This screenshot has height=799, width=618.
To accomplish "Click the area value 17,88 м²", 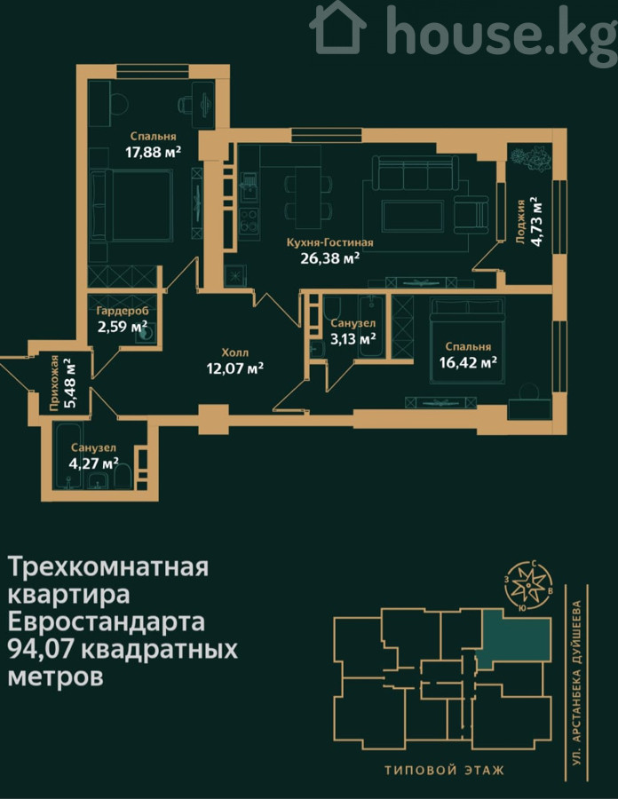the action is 154,152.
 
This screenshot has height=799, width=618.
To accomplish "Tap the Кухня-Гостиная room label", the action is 329,242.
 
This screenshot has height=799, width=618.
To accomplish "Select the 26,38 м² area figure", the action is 329,258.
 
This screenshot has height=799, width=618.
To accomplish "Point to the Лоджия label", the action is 520,222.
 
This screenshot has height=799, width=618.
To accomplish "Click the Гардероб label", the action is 123,311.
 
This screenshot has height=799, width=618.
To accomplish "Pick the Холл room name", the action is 235,352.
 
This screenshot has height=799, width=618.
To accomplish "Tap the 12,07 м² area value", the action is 235,368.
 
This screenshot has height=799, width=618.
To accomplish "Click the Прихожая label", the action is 54,382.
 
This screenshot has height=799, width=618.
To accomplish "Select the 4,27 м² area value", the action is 94,463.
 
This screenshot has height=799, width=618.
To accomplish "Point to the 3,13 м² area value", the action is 353,338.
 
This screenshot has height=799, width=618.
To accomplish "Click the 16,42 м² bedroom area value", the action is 468,362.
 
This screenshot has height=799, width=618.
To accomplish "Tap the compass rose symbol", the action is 529,586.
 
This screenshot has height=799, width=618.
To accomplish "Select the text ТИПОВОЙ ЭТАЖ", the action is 444,770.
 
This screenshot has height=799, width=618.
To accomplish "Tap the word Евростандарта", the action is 107,621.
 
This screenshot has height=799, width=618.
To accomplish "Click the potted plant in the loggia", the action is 531,158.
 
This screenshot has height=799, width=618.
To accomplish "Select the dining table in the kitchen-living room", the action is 308,197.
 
